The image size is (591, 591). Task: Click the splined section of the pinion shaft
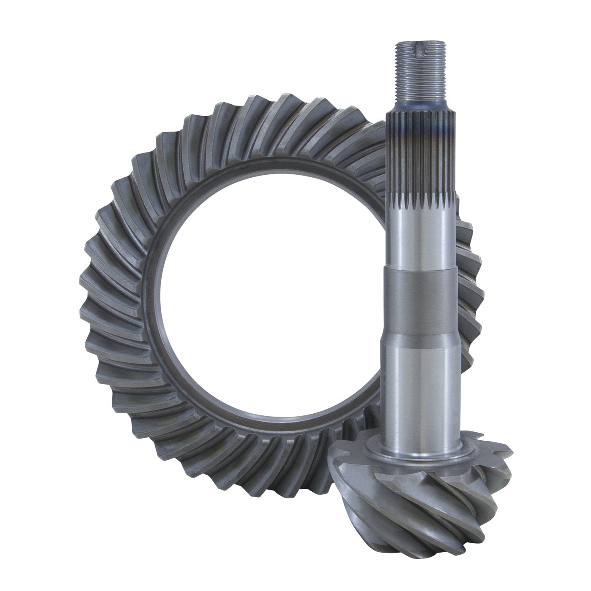[x=422, y=169]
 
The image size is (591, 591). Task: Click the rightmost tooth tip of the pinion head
[x=509, y=473]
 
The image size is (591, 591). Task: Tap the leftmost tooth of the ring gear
[x=84, y=295]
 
